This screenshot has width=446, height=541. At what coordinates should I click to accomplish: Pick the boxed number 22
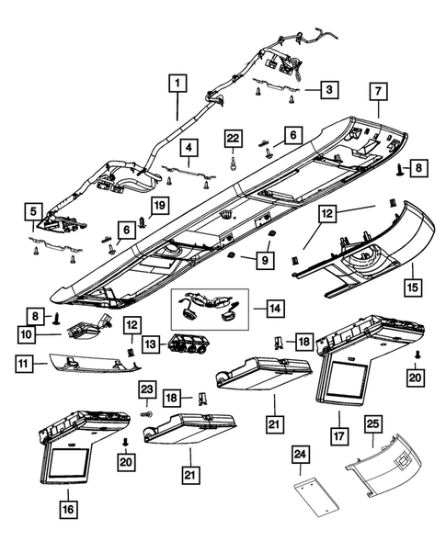pos(234,139)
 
